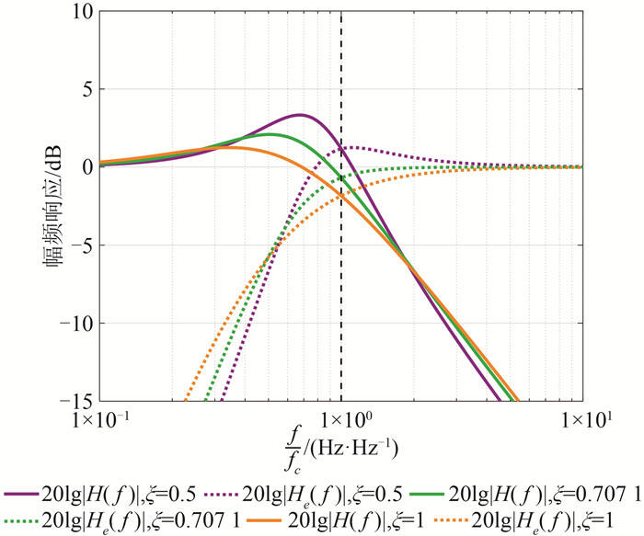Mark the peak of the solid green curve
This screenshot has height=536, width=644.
pos(270,134)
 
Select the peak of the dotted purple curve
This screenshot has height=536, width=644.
pos(354,147)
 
